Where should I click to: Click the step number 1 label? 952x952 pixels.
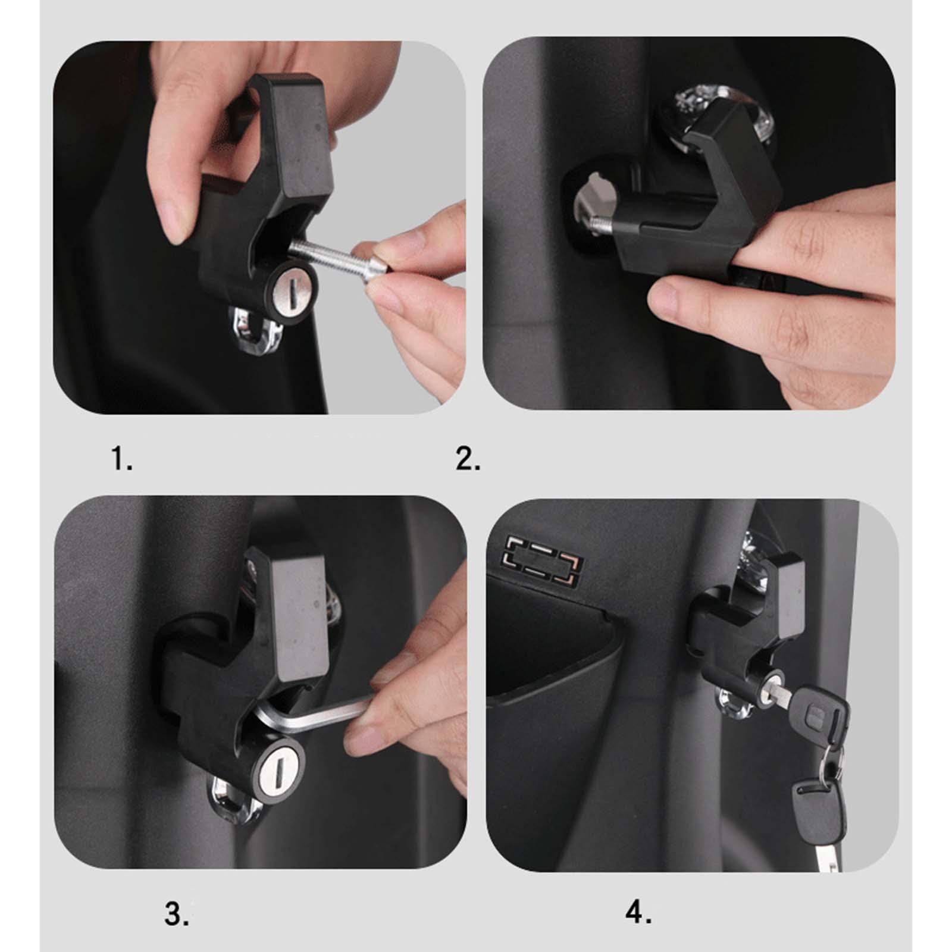[x=122, y=459]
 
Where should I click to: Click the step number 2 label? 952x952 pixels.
[x=468, y=459]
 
